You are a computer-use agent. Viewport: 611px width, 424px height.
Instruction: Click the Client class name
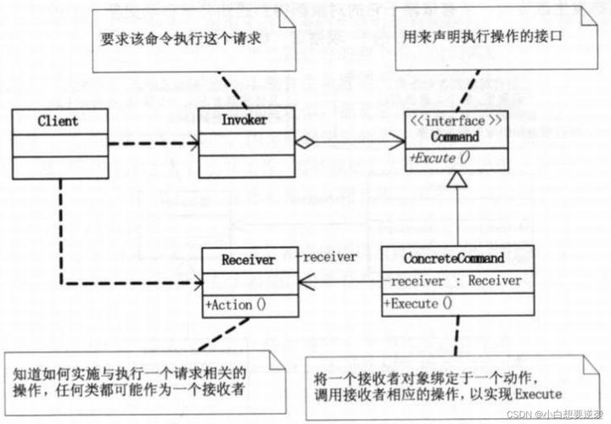[59, 120]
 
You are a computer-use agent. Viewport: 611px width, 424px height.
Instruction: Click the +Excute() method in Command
[440, 156]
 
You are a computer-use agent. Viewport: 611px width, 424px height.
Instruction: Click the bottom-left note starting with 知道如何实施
[136, 381]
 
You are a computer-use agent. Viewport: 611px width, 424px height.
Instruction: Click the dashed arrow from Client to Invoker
[153, 143]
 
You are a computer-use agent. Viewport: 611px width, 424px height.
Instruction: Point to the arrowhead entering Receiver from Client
[196, 282]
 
